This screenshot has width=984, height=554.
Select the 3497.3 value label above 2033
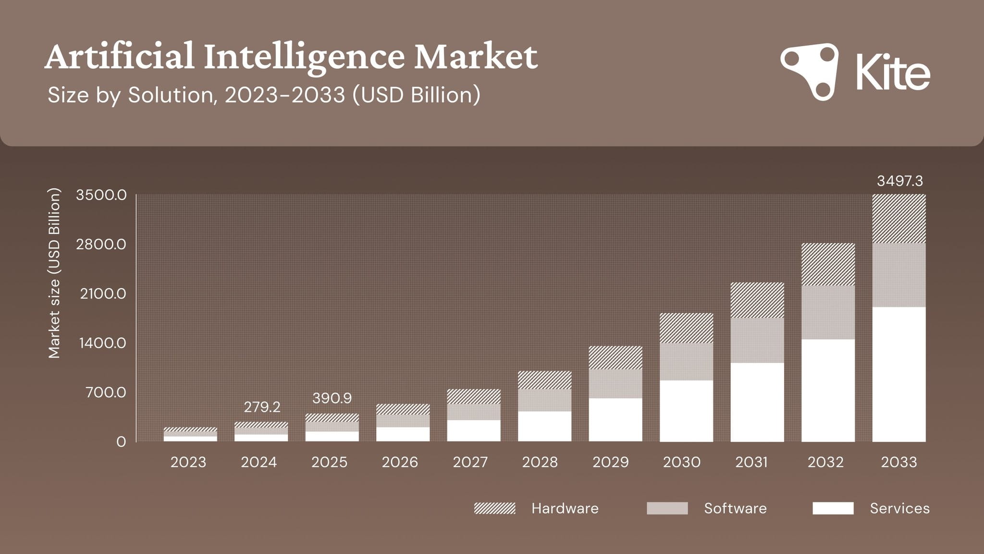pyautogui.click(x=899, y=181)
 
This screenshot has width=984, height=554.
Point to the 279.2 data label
pyautogui.click(x=262, y=407)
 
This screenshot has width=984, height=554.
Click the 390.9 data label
pyautogui.click(x=332, y=398)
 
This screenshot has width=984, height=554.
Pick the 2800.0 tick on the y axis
pyautogui.click(x=101, y=244)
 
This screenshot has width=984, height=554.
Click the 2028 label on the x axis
pyautogui.click(x=540, y=462)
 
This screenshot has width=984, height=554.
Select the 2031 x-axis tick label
pyautogui.click(x=751, y=462)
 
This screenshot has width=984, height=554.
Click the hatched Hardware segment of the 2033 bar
pyautogui.click(x=899, y=219)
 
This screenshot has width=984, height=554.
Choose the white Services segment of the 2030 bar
pyautogui.click(x=686, y=411)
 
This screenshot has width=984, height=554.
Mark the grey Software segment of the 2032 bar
pyautogui.click(x=828, y=313)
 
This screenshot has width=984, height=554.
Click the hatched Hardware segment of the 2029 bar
pyautogui.click(x=615, y=357)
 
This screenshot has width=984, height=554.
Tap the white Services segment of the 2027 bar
pyautogui.click(x=474, y=430)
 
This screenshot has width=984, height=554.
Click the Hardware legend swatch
pyautogui.click(x=494, y=508)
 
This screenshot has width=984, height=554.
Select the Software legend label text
pyautogui.click(x=735, y=508)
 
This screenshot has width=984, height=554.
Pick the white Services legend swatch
pyautogui.click(x=833, y=508)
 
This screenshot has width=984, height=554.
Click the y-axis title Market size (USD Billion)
pyautogui.click(x=54, y=273)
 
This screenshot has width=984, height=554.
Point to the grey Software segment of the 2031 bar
pyautogui.click(x=757, y=340)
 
